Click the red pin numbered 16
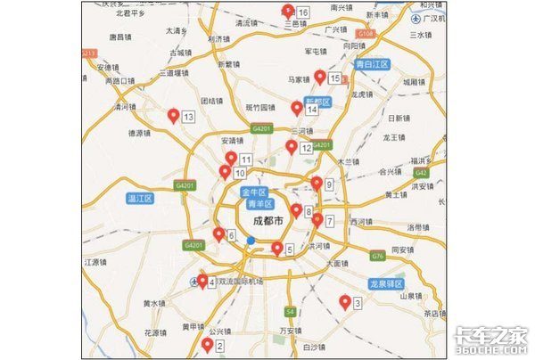coord(288,11)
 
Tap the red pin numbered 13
coord(173,116)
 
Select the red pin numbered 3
coord(345,302)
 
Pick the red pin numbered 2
coord(207,344)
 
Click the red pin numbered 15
coord(319,78)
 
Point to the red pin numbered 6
coord(218,234)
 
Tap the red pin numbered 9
coord(316,184)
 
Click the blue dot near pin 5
coord(251,241)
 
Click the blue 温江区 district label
coord(141,197)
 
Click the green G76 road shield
coord(378,256)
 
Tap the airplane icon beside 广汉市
coord(417,18)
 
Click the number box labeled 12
coord(307,148)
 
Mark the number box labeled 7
coord(329,221)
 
